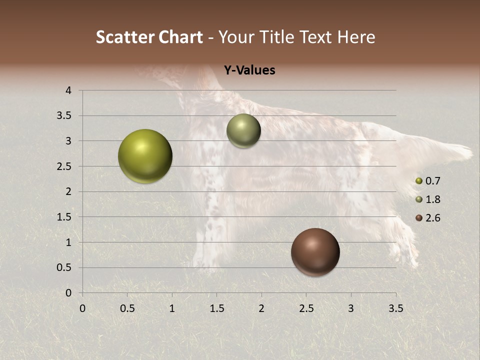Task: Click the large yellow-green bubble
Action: click(145, 156)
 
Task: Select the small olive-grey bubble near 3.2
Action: click(243, 131)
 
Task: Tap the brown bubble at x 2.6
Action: click(315, 252)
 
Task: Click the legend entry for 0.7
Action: click(428, 181)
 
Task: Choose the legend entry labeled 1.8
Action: click(428, 199)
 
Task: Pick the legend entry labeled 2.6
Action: click(428, 218)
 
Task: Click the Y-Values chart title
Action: click(249, 70)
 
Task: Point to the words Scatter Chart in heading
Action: click(149, 37)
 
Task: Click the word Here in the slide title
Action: click(356, 37)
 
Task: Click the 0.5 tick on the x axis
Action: click(127, 308)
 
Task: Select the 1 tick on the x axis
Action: click(172, 308)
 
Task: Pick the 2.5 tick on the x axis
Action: click(306, 308)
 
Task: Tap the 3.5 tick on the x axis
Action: click(395, 308)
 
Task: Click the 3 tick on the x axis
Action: click(351, 308)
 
